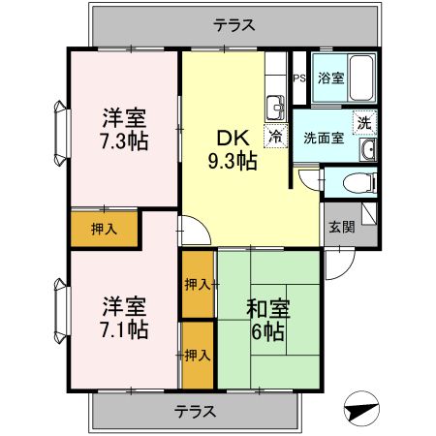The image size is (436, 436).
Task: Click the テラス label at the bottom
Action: [x=195, y=411]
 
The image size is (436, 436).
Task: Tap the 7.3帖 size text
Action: [x=125, y=140]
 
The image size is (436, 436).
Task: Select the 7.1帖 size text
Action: [x=125, y=329]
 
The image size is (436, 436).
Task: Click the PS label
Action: [x=299, y=78]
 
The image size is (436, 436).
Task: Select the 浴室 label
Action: [x=331, y=78]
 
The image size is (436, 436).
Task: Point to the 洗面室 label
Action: [x=323, y=138]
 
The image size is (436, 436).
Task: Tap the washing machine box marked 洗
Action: [x=364, y=122]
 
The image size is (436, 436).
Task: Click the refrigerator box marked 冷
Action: [x=276, y=138]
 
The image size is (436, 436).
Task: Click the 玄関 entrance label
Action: [x=340, y=228]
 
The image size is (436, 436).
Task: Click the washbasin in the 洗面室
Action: [x=367, y=149]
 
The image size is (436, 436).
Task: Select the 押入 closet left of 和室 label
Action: [x=196, y=284]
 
